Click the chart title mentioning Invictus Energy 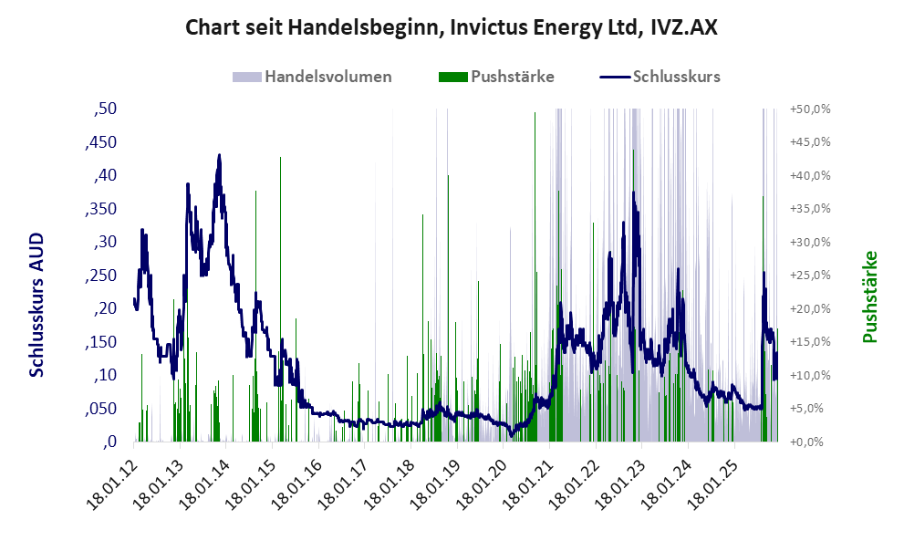point(452,27)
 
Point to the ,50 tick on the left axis point(105,109)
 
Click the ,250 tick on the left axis point(100,276)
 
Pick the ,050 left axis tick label point(100,409)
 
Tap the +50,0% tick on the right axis point(810,109)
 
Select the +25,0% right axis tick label point(810,276)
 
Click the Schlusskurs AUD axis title point(37,305)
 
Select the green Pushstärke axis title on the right point(868,297)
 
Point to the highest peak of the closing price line point(219,156)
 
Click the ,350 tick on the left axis point(100,209)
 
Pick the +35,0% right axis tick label point(810,209)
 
